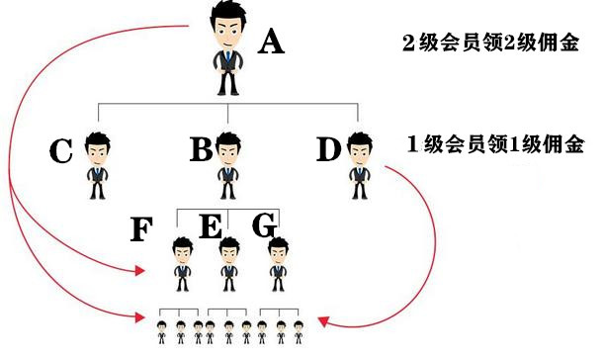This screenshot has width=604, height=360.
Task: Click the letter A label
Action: click(x=272, y=43)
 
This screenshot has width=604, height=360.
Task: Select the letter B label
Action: click(x=201, y=150)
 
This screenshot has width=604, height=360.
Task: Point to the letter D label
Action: click(x=329, y=150)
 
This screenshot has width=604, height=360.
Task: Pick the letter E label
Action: click(x=210, y=226)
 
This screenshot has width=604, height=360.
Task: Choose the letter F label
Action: click(x=141, y=230)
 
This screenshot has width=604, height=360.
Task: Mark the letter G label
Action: click(x=264, y=225)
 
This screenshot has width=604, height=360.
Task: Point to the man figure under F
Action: click(x=182, y=263)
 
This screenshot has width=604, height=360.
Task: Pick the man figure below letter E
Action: click(x=229, y=263)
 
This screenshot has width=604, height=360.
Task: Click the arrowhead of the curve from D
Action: click(x=324, y=319)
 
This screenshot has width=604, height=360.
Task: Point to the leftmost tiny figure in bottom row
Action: click(x=162, y=331)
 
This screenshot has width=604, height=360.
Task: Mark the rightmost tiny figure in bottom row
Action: click(x=298, y=331)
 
